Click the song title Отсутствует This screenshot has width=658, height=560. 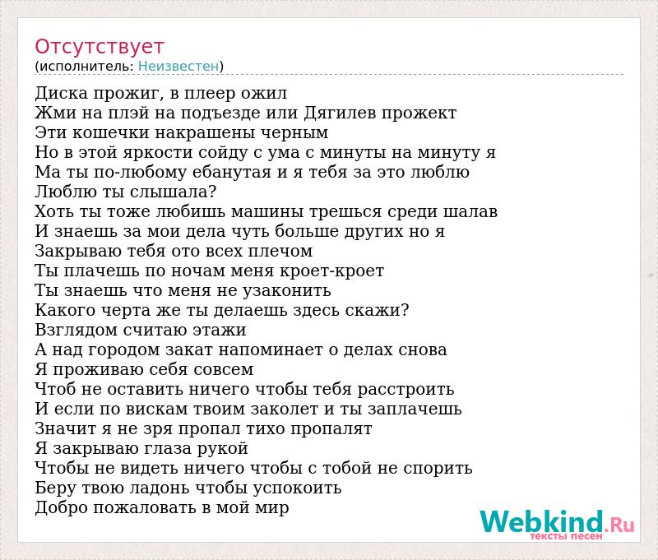point(99,47)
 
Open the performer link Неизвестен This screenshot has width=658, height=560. point(178,66)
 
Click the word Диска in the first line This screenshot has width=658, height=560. point(61,94)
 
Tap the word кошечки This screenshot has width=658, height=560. point(111,132)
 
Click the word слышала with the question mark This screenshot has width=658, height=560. point(173,192)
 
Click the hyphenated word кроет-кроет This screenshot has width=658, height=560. point(331,271)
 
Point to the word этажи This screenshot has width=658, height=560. point(220,330)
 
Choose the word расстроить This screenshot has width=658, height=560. point(405,390)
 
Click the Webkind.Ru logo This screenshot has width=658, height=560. point(557,521)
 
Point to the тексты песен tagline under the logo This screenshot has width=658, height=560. point(566,536)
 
